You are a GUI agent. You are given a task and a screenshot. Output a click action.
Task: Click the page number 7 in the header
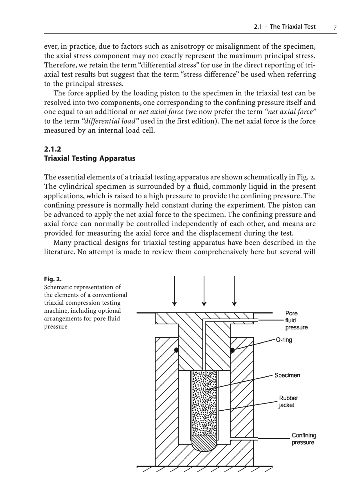335,27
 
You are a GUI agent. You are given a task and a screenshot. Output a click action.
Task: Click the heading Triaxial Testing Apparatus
90,158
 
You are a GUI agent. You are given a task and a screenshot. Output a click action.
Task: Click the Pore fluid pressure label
296,320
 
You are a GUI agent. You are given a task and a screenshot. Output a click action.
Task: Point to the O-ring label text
284,340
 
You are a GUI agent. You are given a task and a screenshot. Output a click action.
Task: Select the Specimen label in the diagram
287,375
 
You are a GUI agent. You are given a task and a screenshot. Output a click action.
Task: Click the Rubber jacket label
288,401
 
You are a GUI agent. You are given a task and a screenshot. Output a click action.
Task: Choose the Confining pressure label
303,439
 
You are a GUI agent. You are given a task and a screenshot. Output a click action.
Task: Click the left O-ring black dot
177,350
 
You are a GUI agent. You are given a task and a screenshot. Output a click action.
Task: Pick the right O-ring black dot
233,350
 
